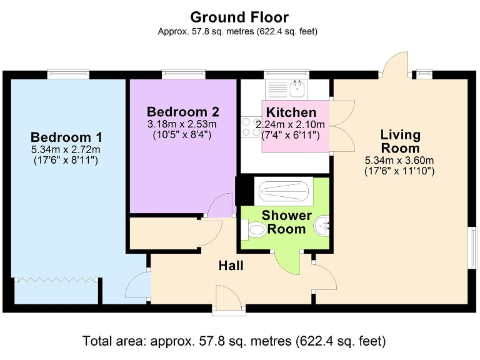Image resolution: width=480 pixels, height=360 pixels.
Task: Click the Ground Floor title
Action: [x=239, y=17]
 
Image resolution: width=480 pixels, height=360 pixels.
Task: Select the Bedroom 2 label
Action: [x=182, y=112]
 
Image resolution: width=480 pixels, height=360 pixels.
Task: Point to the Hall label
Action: [x=231, y=266]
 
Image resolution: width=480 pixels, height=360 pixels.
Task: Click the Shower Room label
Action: [x=286, y=222]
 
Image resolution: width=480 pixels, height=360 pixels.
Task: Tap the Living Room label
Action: [x=400, y=141]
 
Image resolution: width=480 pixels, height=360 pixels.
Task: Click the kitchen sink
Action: [x=299, y=89]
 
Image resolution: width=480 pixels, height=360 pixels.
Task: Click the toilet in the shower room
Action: [x=255, y=231]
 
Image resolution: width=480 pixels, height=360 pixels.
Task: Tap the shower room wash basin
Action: [x=324, y=224]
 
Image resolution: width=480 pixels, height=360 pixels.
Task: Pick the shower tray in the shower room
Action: [x=284, y=191]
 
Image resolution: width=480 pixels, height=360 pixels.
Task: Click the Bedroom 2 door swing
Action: [x=220, y=206]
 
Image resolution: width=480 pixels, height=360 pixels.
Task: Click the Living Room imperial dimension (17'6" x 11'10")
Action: [x=400, y=170]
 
